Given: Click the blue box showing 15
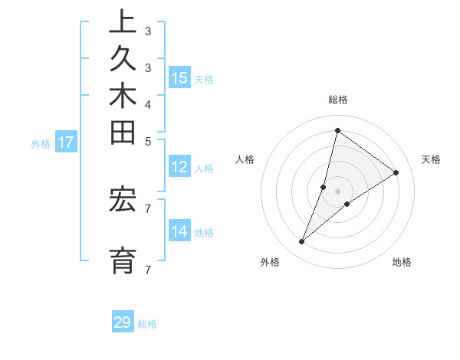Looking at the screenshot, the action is (x=179, y=77).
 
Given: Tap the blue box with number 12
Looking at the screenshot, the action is (x=179, y=168).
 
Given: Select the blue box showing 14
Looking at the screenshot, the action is (x=179, y=231).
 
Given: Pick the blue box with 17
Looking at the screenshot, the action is (x=66, y=142).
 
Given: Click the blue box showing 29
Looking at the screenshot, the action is (x=123, y=322).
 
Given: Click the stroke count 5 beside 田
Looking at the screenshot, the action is (x=147, y=141).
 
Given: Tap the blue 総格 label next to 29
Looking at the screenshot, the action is (x=147, y=324).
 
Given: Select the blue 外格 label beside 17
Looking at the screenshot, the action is (x=41, y=143).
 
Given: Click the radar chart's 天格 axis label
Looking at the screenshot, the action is (x=431, y=159).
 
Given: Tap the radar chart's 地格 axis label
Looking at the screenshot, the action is (x=402, y=262).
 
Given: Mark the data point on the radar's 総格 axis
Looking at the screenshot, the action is (x=337, y=131).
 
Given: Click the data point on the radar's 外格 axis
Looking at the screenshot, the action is (x=302, y=242).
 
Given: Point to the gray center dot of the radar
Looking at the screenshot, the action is (x=337, y=191).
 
